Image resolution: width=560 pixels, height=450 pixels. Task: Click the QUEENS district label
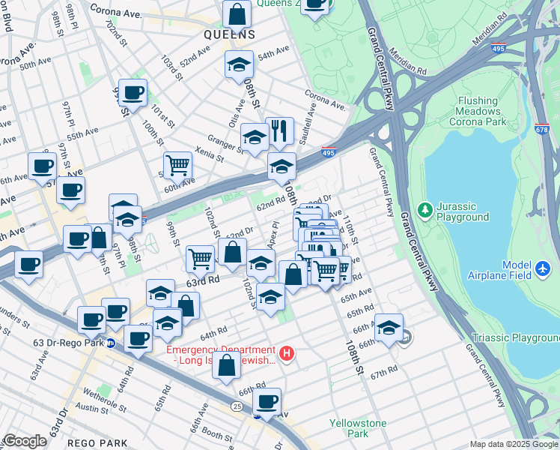click(230, 34)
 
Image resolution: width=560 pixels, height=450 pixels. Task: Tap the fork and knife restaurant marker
click(279, 131)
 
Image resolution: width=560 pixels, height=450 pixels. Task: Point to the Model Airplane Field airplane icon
click(544, 268)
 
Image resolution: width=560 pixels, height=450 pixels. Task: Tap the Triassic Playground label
click(515, 338)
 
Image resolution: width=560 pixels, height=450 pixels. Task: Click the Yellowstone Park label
click(358, 428)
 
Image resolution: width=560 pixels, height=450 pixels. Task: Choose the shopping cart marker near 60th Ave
click(177, 164)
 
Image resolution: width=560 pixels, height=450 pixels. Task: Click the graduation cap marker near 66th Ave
click(389, 327)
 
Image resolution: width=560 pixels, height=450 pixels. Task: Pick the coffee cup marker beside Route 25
click(267, 400)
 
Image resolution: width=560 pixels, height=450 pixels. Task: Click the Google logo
click(25, 441)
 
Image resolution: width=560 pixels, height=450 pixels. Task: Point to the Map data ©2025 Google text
click(514, 444)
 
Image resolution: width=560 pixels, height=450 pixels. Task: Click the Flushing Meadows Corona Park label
click(478, 110)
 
